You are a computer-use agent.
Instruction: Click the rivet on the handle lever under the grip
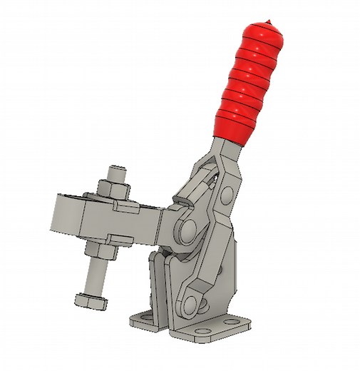(227, 193)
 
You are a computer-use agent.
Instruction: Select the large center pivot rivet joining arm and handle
(187, 230)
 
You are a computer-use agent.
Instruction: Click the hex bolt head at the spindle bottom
(90, 300)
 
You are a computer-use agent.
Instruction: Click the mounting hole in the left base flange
(143, 316)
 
